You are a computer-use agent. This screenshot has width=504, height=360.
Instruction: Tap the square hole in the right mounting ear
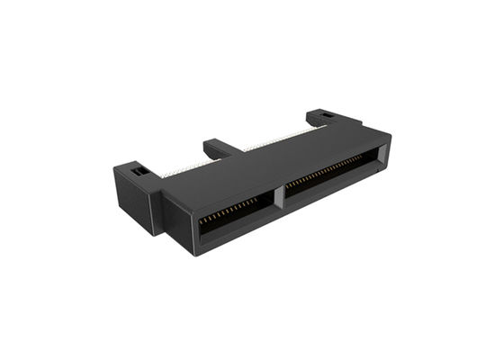[x=327, y=117]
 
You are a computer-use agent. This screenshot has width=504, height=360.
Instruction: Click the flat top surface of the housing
[x=270, y=166]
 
